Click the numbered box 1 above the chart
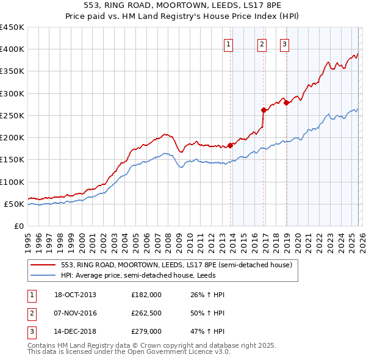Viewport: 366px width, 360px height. (228, 43)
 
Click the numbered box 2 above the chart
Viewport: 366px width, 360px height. (262, 43)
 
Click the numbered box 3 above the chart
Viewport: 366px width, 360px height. (284, 43)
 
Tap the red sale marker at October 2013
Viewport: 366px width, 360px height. (231, 145)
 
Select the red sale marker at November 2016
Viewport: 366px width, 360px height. (264, 110)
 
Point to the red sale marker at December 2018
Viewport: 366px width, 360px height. (286, 103)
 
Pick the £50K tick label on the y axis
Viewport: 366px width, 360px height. (14, 204)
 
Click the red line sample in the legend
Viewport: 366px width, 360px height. (43, 265)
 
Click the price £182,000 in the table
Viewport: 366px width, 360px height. (146, 295)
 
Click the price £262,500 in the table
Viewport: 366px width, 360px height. (146, 314)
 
